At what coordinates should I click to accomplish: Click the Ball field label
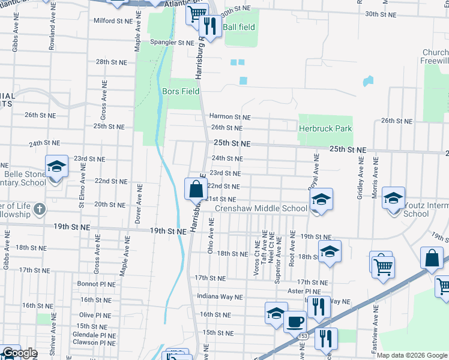(239, 27)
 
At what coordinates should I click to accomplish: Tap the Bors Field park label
(181, 91)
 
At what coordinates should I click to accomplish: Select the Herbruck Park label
(325, 128)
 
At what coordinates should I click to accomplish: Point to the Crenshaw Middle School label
(261, 209)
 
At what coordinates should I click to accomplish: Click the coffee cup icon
(294, 321)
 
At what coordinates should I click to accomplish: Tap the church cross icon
(40, 209)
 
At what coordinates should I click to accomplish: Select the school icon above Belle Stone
(56, 166)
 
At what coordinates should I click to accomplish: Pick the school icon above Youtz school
(393, 197)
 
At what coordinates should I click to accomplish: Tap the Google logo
(20, 353)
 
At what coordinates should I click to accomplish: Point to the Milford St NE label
(112, 20)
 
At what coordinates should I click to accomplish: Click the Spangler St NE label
(172, 43)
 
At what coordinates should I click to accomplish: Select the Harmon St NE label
(229, 117)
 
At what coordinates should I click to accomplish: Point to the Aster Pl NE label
(310, 291)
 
